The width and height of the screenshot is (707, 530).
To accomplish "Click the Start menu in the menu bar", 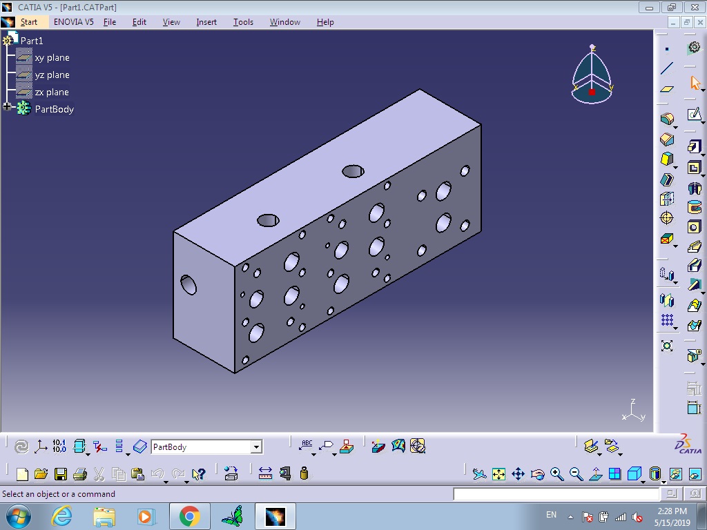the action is coord(29,22).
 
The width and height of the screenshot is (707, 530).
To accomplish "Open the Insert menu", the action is coord(206,22).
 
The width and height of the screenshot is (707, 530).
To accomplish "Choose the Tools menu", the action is coord(243,22).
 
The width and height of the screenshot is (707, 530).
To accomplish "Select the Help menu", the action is coord(325,22).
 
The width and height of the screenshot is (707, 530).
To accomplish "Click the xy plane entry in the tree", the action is coord(52,58).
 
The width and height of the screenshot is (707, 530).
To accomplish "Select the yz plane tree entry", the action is coord(52,75).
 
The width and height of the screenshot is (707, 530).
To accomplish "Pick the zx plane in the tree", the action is coord(52,92).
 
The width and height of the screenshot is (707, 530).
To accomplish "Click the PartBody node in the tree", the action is coord(54,109).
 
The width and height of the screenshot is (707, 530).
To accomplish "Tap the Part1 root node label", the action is coord(32,41).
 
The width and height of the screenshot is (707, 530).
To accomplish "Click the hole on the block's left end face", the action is coord(188,285).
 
